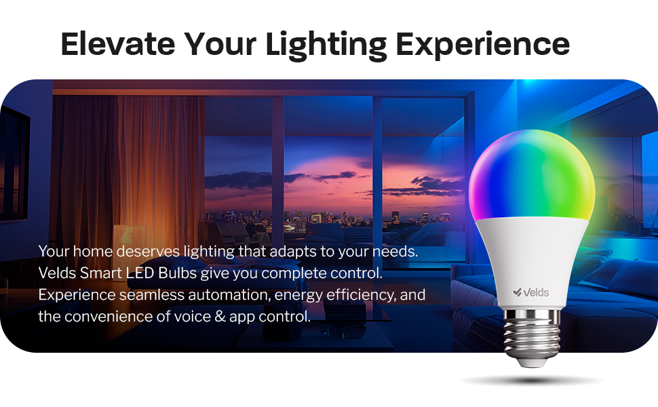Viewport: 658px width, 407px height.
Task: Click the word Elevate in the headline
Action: pyautogui.click(x=116, y=44)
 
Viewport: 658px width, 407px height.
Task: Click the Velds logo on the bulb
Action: pyautogui.click(x=531, y=292)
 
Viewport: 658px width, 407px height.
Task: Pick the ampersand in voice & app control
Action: pyautogui.click(x=245, y=317)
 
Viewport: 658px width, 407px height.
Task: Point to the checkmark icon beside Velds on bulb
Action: pyautogui.click(x=517, y=292)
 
